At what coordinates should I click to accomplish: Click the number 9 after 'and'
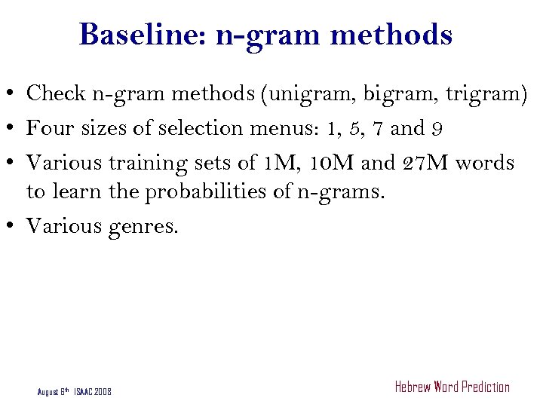[437, 129]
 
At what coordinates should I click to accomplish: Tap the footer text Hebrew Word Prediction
[452, 387]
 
